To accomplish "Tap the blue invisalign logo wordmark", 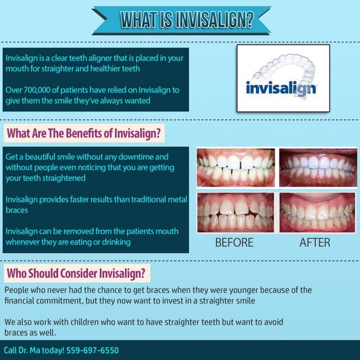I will click(280, 89).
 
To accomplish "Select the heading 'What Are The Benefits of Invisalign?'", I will click(84, 134).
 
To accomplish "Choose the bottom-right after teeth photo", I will click(317, 213).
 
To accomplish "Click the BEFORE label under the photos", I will click(234, 243).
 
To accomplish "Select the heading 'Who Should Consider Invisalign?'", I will click(77, 273).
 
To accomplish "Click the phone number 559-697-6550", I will click(92, 350).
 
